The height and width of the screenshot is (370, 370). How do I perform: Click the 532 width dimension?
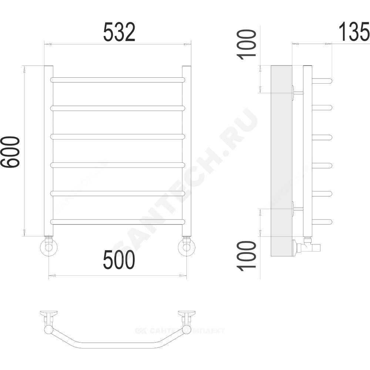119,32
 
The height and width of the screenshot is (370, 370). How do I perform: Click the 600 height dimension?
10,152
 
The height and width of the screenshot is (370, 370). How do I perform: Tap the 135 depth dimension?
354,31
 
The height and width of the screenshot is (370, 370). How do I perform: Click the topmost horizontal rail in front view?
118,80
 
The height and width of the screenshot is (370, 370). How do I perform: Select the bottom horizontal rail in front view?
118,222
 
